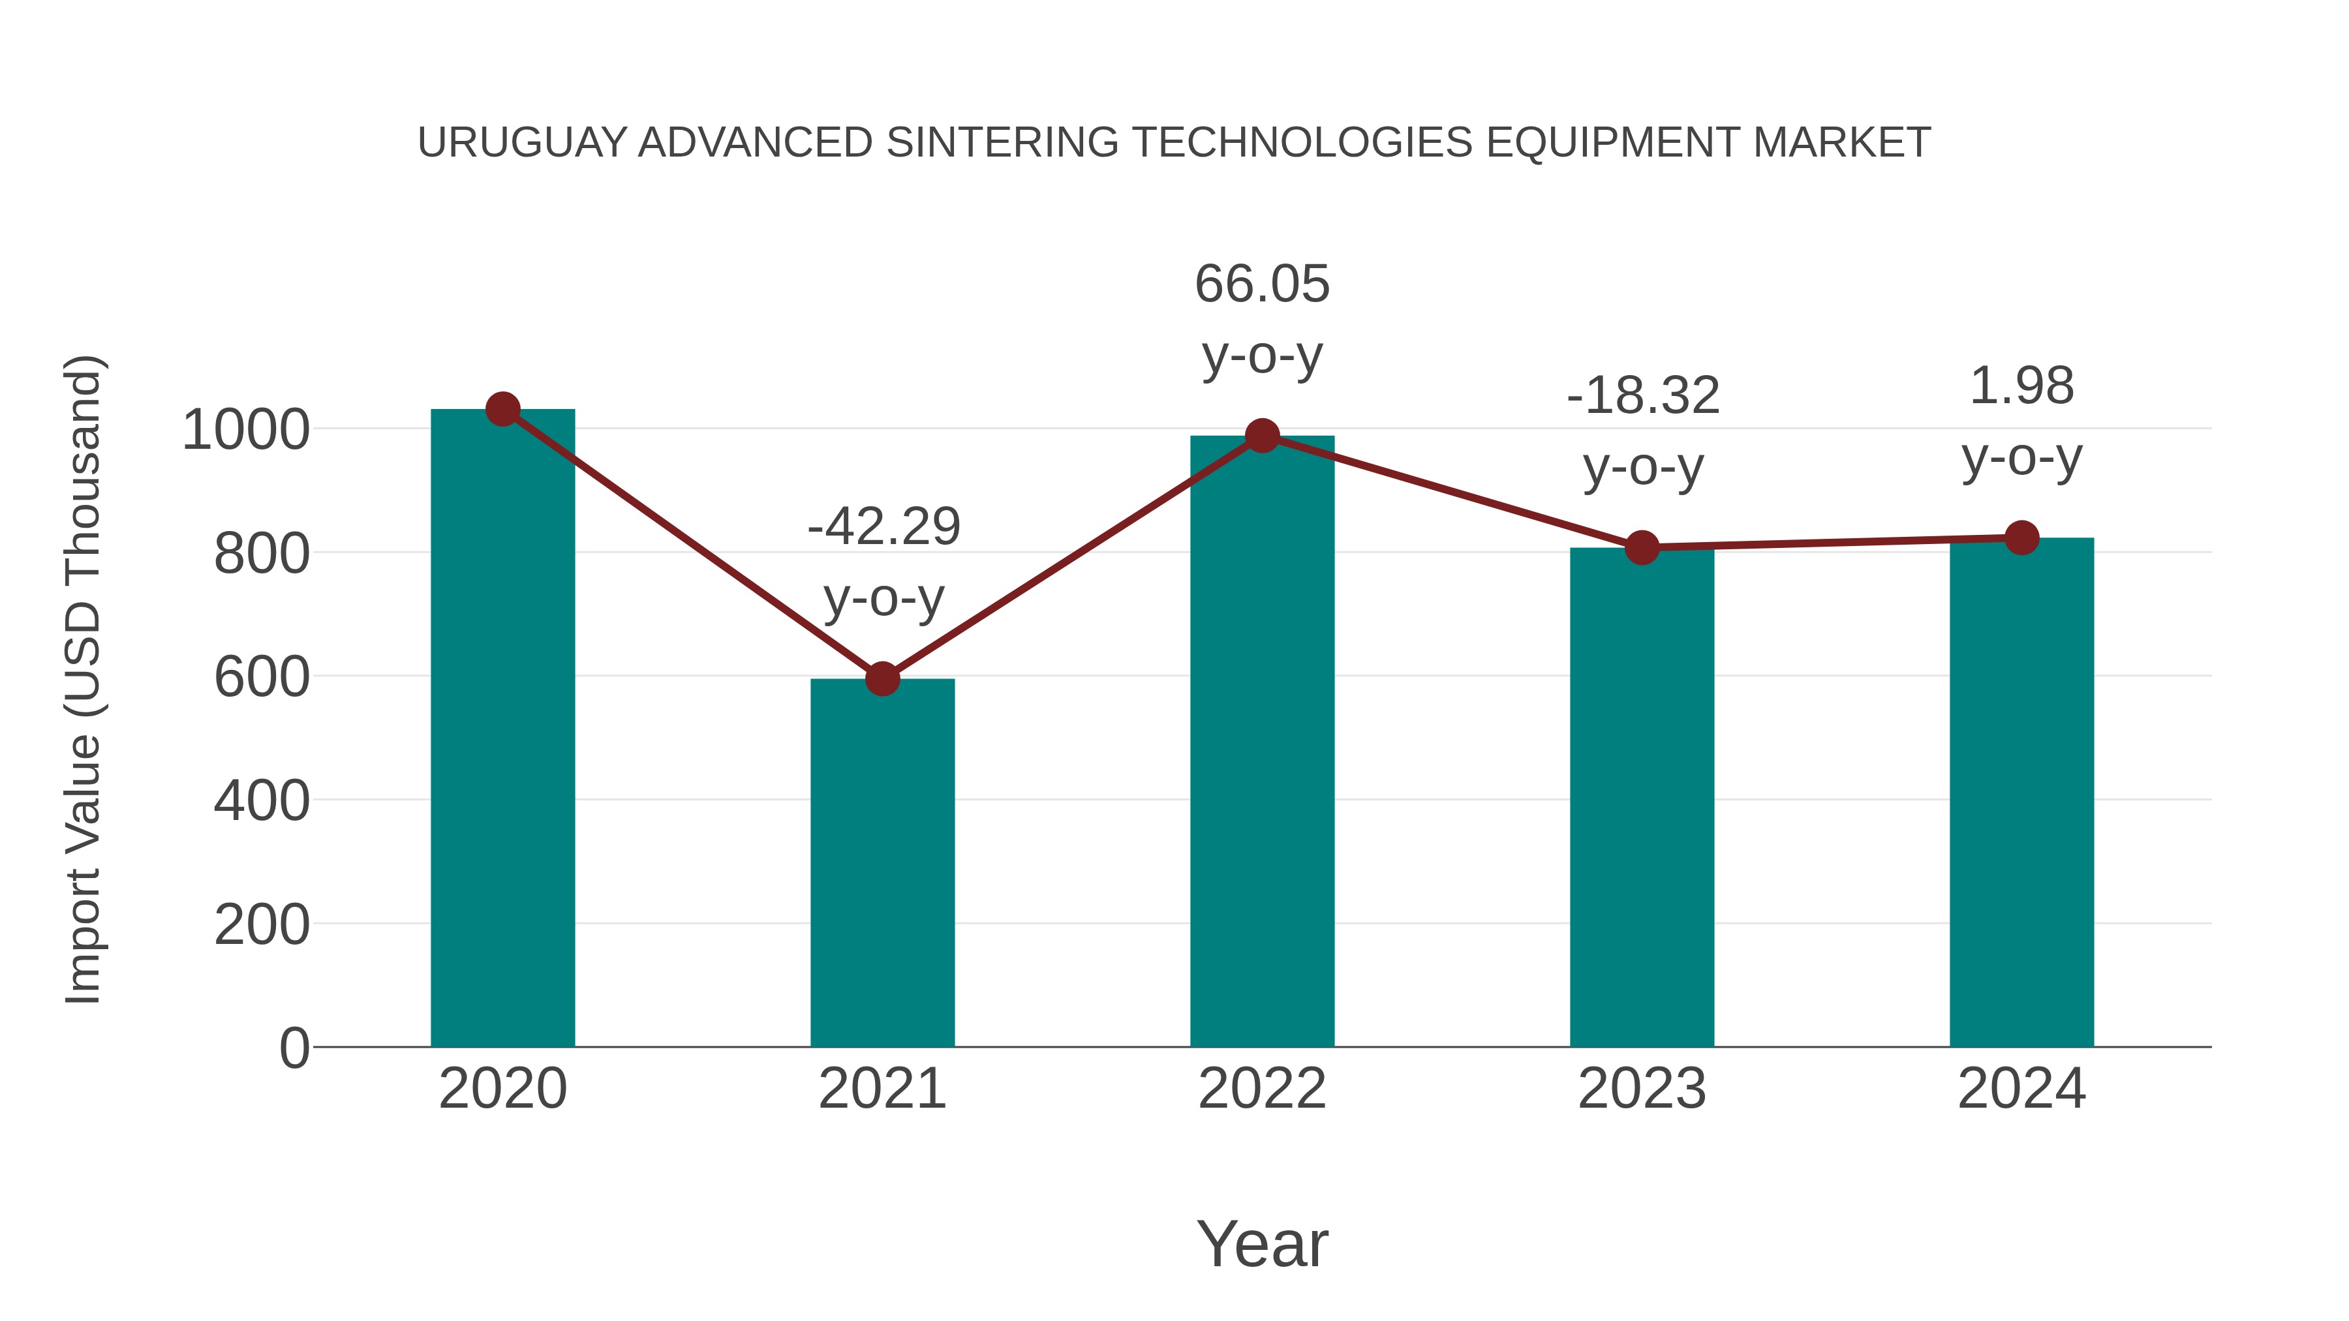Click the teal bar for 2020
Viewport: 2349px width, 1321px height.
click(502, 729)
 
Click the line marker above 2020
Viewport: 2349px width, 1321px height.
click(502, 409)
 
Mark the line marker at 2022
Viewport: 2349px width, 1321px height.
click(1262, 436)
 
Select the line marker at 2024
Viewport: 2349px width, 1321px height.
click(2021, 538)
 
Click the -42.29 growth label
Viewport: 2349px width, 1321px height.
click(883, 527)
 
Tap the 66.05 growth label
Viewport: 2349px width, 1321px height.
click(1262, 284)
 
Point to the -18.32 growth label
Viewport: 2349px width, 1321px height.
click(1643, 397)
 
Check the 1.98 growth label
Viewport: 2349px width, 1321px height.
click(2021, 387)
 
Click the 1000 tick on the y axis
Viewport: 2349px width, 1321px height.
click(245, 431)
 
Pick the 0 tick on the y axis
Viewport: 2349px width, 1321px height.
click(294, 1048)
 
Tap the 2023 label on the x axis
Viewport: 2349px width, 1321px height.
click(1642, 1089)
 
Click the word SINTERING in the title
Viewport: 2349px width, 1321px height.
click(1001, 143)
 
